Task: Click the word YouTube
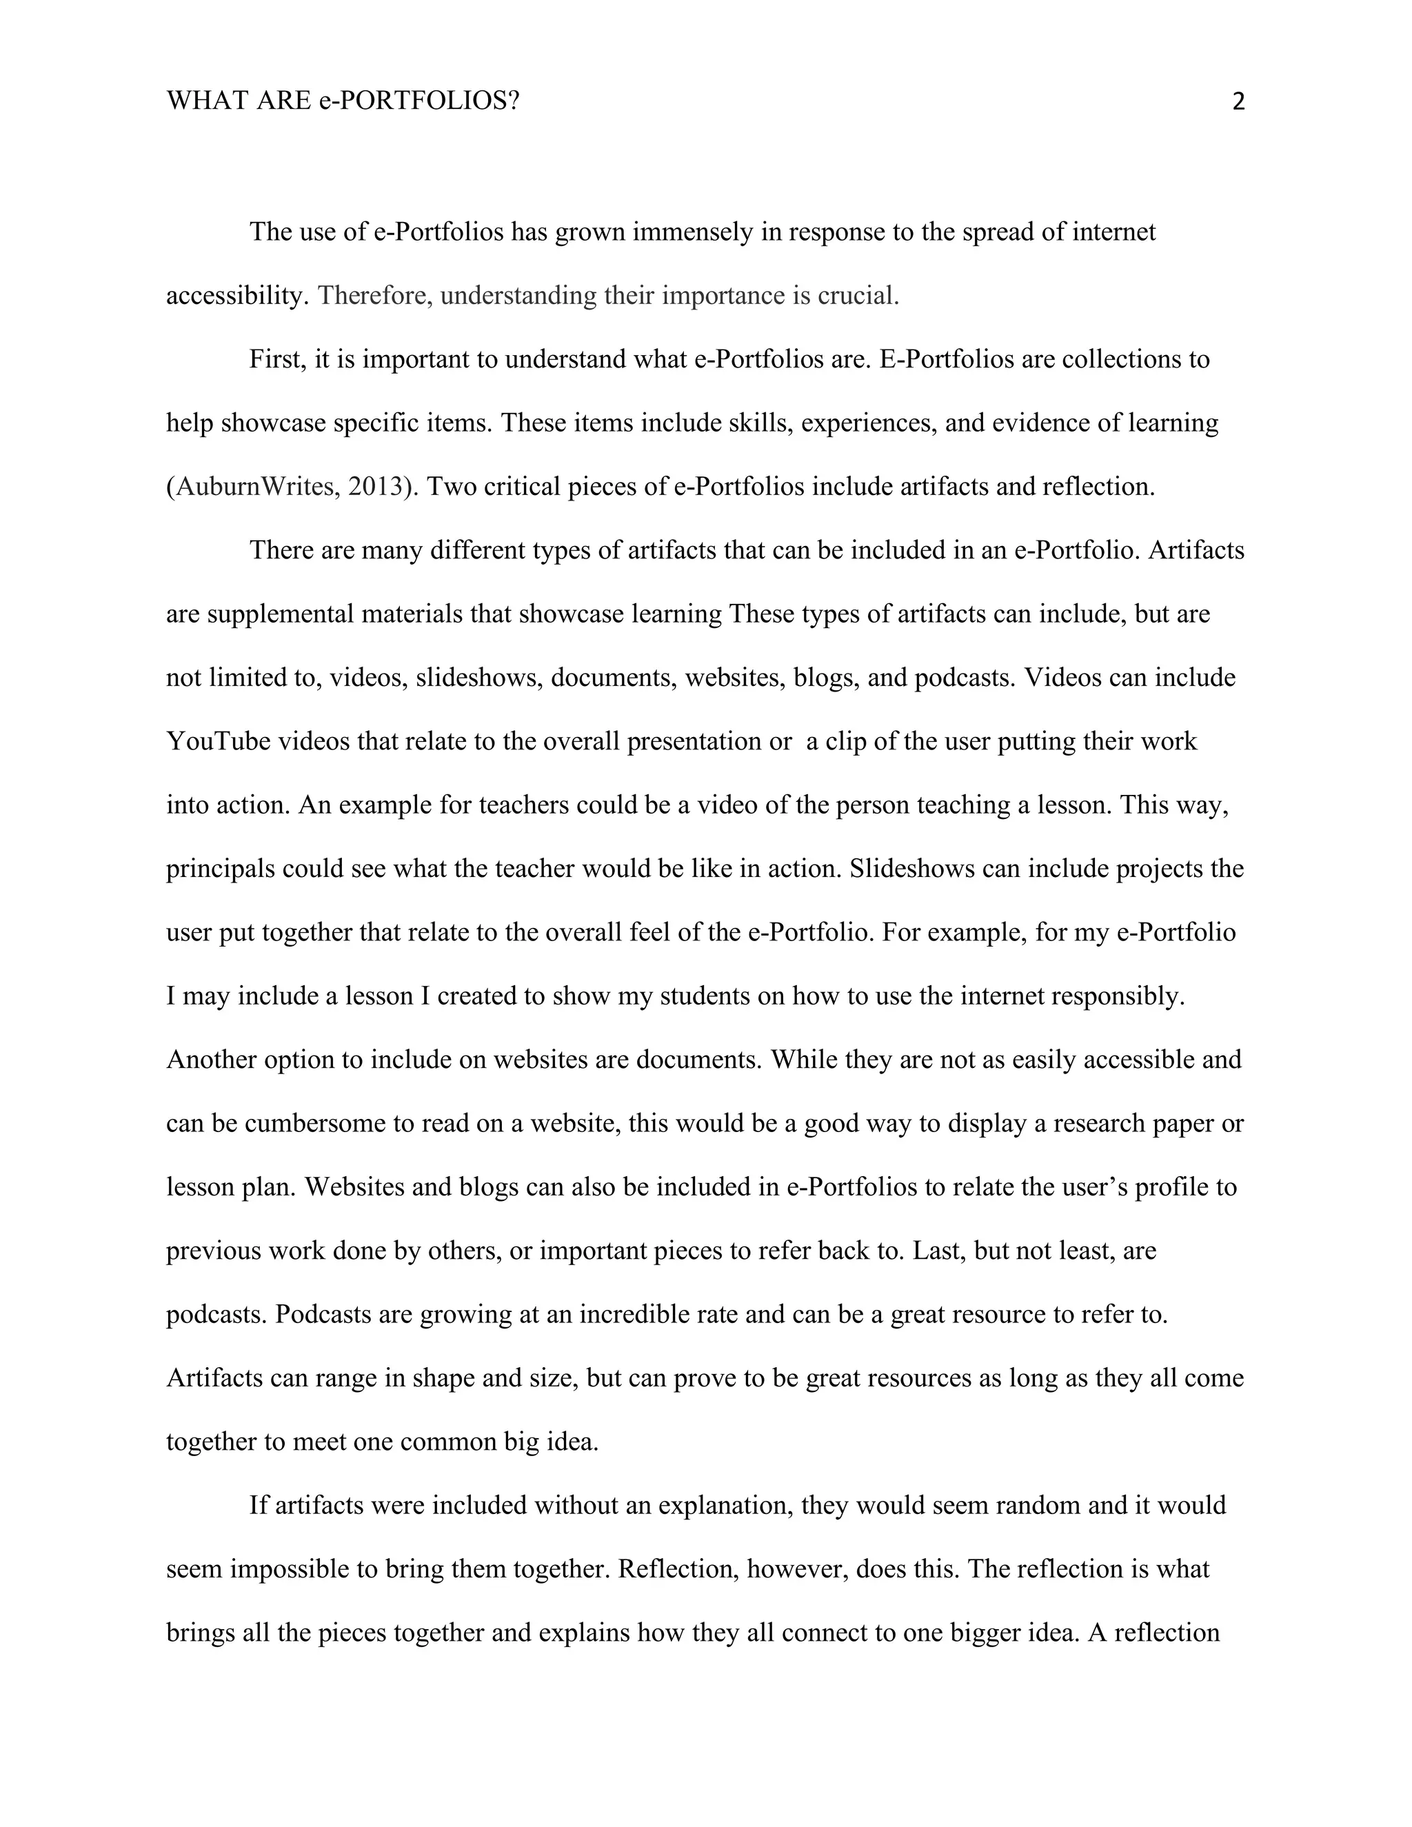(x=219, y=741)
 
